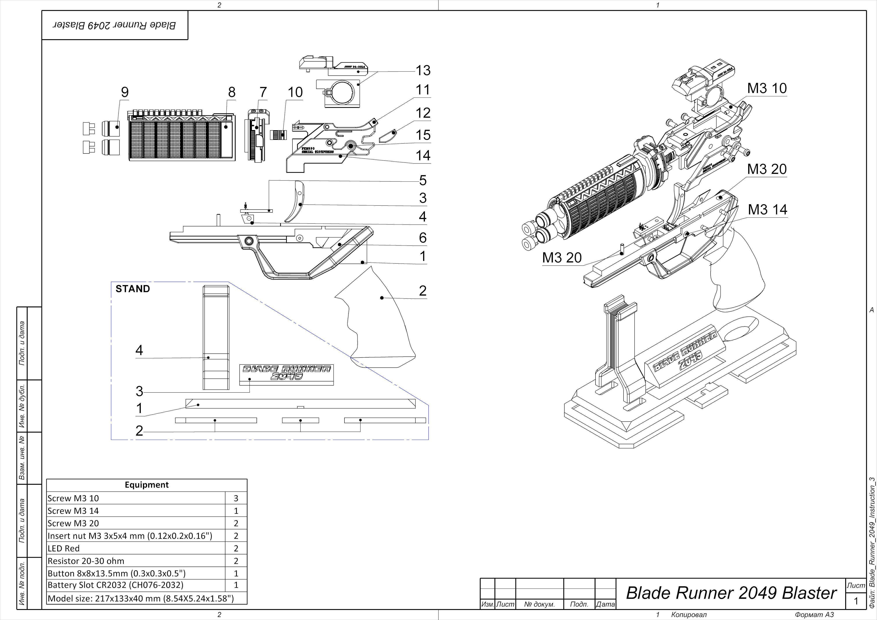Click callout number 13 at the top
423,70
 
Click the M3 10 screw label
767,88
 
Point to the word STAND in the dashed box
133,289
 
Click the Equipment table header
147,485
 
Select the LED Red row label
64,548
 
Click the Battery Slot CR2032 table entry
115,585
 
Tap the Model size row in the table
141,598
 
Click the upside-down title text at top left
115,25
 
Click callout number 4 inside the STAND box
139,350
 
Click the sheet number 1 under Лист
856,601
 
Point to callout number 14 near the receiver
423,155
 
